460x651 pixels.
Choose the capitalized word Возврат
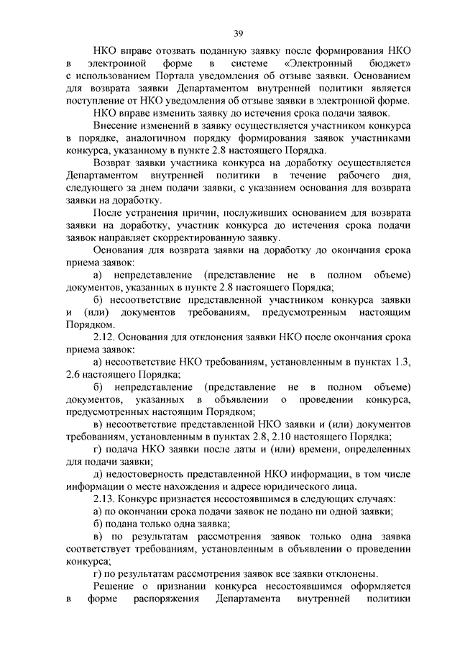(114, 163)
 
